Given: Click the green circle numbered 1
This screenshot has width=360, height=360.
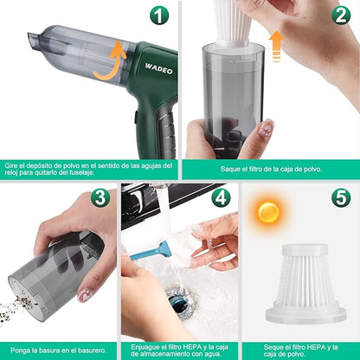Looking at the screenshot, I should [158, 16].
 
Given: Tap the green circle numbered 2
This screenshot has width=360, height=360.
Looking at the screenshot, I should [340, 16].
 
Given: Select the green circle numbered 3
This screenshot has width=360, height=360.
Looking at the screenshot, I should [100, 196].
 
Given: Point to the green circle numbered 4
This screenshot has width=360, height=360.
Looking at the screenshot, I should [221, 196].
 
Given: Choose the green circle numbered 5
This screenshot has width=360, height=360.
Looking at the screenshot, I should [341, 196].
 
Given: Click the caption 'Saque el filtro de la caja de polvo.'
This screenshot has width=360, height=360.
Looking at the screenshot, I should [270, 169].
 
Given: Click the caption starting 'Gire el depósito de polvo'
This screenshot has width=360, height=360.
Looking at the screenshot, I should [90, 169].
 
